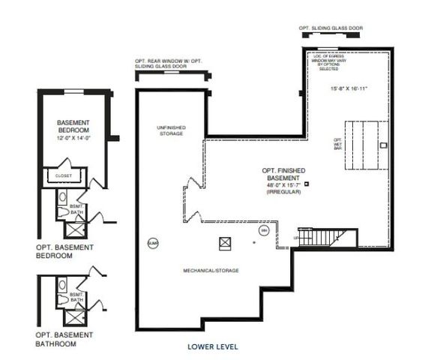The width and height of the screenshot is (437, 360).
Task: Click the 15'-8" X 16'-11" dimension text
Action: coord(349,89)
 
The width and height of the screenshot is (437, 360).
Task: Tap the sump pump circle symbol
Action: coord(152,243)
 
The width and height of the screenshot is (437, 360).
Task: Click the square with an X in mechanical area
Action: coord(224,242)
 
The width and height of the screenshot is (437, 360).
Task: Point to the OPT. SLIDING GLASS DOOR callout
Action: coord(331,28)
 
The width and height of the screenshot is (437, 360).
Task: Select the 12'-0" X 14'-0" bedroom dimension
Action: coord(73,137)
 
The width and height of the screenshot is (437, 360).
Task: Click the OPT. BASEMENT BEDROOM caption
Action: coord(64,250)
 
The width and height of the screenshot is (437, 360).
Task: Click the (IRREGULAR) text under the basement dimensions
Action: coord(283,193)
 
